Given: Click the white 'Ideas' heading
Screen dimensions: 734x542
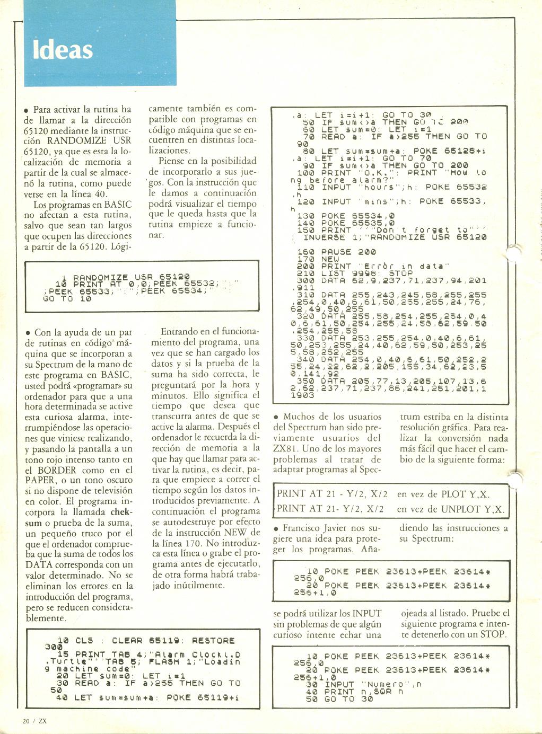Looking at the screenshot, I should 63,49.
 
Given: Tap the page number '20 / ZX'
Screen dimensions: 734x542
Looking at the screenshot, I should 35,720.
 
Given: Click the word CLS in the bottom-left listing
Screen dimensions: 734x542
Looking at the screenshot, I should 84,641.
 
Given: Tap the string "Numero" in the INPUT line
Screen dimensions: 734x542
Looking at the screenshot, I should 383,684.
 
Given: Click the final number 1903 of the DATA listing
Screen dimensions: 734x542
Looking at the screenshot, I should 303,395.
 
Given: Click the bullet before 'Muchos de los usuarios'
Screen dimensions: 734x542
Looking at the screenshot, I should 276,418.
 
